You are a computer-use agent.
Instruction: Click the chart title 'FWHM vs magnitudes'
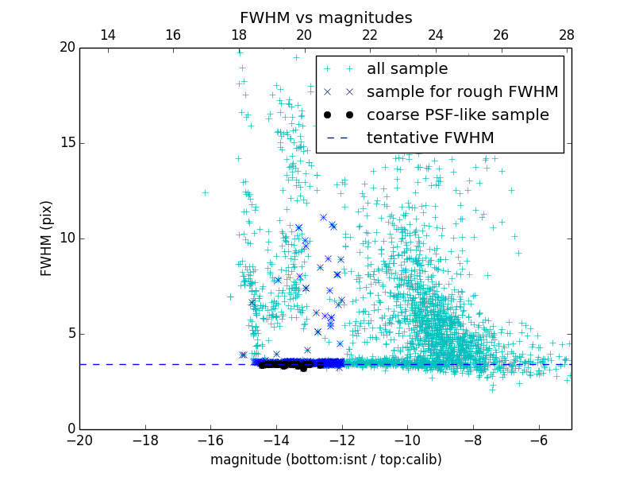(x=325, y=17)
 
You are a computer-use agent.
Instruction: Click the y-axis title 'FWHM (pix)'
(x=47, y=238)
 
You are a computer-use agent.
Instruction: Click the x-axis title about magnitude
(x=325, y=460)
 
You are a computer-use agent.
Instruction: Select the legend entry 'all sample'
(x=406, y=69)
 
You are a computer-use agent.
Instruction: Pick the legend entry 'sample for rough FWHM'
(x=462, y=92)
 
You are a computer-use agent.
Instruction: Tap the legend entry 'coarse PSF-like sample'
(x=457, y=115)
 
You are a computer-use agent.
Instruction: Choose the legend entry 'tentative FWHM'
(x=430, y=138)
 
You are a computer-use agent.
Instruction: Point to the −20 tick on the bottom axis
(x=79, y=440)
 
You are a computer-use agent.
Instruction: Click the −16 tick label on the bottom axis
(x=210, y=440)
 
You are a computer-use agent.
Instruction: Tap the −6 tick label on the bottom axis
(x=538, y=440)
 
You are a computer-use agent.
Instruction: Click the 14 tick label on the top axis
(x=107, y=35)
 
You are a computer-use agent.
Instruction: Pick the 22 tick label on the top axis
(x=370, y=35)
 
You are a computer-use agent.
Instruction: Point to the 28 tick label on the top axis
(x=567, y=35)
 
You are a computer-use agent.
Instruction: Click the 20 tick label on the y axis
(x=66, y=48)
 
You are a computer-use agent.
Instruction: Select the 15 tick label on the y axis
(x=66, y=143)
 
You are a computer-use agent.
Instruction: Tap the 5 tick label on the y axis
(x=70, y=334)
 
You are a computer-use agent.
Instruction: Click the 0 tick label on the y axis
(x=70, y=429)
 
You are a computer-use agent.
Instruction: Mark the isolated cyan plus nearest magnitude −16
(x=205, y=192)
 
